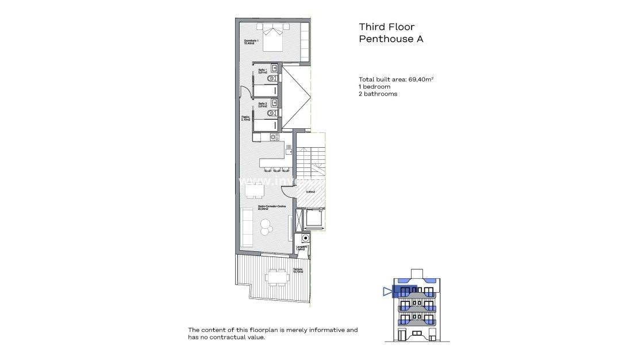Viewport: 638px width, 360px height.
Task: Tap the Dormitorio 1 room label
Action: pyautogui.click(x=251, y=42)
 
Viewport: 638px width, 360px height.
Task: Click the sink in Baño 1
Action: pyautogui.click(x=274, y=67)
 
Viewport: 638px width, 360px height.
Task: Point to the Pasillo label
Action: pyautogui.click(x=245, y=118)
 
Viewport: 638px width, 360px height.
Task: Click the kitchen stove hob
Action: pyautogui.click(x=274, y=137)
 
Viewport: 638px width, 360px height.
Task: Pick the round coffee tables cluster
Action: pyautogui.click(x=266, y=227)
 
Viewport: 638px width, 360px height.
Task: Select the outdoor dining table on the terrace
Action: pyautogui.click(x=276, y=278)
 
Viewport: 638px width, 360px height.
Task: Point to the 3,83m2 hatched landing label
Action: pyautogui.click(x=310, y=192)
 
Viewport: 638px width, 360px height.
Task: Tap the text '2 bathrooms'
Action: pyautogui.click(x=378, y=94)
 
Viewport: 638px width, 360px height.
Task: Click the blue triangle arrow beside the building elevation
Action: pyautogui.click(x=386, y=292)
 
